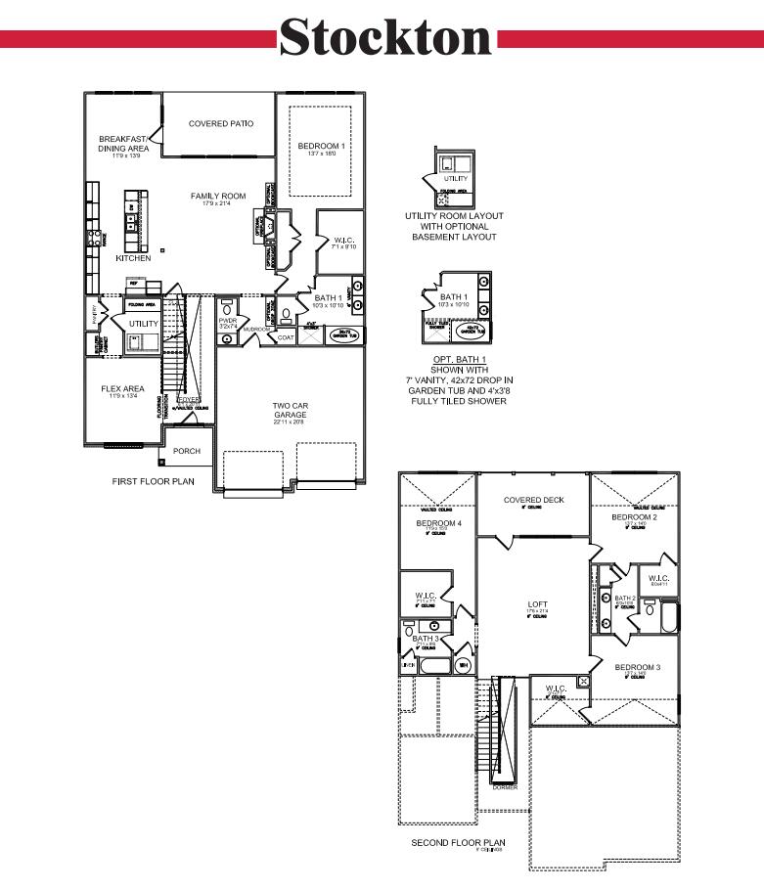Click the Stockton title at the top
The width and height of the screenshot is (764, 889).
[x=385, y=38]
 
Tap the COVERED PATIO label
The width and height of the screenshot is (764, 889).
[x=220, y=124]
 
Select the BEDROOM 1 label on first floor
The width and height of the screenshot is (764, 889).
[x=322, y=146]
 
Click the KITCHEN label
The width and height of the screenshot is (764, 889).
[x=133, y=258]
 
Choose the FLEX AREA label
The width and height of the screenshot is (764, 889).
[x=123, y=388]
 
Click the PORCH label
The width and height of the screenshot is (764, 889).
[x=186, y=451]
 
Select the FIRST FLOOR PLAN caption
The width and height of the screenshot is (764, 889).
[x=154, y=481]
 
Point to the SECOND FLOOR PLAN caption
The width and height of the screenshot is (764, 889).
[x=458, y=842]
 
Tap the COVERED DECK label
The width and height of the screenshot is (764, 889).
[x=533, y=500]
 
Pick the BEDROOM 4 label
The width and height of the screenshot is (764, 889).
[x=437, y=523]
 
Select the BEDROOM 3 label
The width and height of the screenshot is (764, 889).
[x=637, y=667]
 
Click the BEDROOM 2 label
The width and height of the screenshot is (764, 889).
[x=634, y=516]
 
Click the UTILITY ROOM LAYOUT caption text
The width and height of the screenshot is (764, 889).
[x=455, y=215]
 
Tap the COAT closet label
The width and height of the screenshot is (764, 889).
[x=286, y=337]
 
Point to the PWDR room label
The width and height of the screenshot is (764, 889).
[x=229, y=319]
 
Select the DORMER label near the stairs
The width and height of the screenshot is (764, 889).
[x=505, y=786]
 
